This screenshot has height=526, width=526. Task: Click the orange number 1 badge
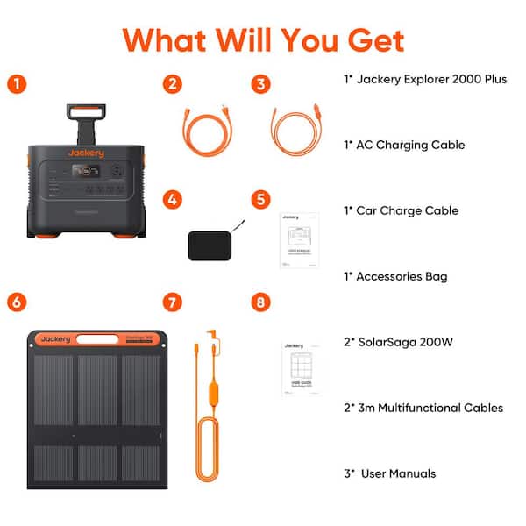pos(16,84)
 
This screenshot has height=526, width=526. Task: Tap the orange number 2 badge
pos(174,84)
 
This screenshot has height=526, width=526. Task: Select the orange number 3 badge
pos(259,84)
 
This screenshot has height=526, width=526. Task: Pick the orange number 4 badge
pos(174,199)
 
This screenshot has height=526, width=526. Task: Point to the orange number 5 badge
pos(259,199)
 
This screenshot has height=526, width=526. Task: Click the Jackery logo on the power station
pos(85,153)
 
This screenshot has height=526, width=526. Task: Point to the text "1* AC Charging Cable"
pos(403,145)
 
